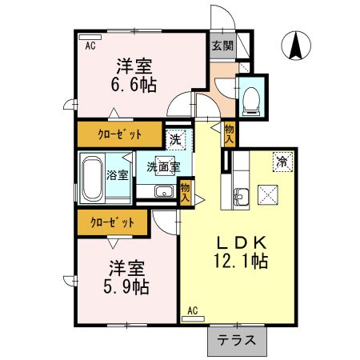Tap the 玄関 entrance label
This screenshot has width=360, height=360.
(222, 46)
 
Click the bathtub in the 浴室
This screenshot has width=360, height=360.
(94, 175)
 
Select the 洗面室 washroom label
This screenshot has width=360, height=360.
(162, 167)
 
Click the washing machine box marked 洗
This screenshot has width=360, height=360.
(176, 138)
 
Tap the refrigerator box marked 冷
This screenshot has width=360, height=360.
(282, 160)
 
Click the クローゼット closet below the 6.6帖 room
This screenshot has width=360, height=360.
(117, 134)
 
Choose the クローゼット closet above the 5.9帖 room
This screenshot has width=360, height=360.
(112, 222)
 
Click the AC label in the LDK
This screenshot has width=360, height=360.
(193, 310)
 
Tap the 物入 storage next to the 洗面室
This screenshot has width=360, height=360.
(186, 190)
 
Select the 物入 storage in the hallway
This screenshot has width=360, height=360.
(230, 133)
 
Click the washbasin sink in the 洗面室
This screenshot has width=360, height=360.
(164, 192)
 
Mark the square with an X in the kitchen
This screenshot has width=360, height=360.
(268, 194)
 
